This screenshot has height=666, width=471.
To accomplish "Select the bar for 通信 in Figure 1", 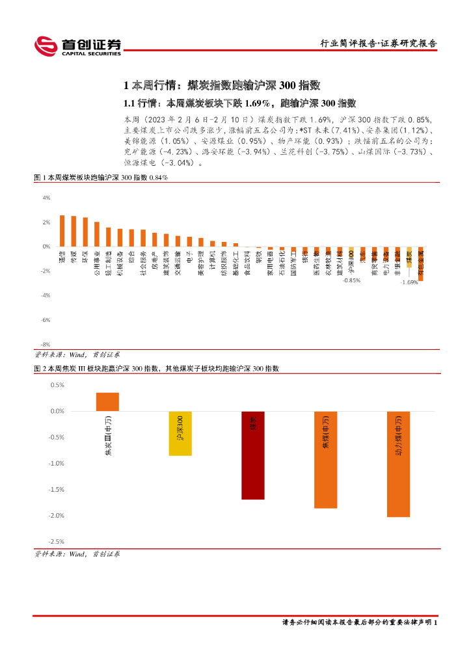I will [62, 231].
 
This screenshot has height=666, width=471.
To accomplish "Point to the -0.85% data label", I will [351, 280].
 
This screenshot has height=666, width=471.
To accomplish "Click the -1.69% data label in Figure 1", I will [409, 282].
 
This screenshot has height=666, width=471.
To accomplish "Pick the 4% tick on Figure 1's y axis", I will [46, 198].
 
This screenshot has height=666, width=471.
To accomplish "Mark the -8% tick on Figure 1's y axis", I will [46, 345].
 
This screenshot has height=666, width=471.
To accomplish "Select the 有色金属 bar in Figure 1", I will [421, 263].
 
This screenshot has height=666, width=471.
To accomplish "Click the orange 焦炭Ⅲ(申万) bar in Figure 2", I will [107, 402].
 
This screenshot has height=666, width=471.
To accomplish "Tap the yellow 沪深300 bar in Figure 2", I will [180, 433].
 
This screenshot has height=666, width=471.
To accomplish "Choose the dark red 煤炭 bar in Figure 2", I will [253, 455].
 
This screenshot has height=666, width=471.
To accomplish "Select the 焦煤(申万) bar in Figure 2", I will [326, 459].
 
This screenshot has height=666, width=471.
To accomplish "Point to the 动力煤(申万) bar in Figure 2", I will [399, 464].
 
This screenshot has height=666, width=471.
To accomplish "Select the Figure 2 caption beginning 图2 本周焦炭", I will [156, 368].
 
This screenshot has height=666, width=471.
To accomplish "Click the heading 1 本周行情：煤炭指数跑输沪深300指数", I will [222, 85].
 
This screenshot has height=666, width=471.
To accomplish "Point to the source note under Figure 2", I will [77, 554].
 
